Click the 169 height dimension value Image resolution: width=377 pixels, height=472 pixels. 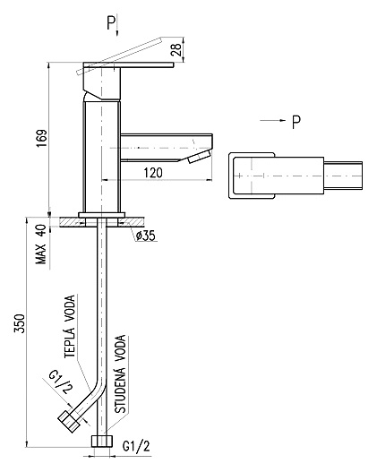(42, 139)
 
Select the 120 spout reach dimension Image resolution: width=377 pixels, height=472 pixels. (153, 173)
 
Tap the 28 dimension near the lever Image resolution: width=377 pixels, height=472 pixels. (176, 49)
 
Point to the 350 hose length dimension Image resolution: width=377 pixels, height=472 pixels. (20, 323)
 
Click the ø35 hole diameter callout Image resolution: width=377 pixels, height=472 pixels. (146, 236)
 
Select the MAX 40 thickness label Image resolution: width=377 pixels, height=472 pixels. (41, 245)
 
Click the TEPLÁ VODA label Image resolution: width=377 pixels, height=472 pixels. (70, 326)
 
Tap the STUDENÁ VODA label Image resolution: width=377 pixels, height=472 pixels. (121, 374)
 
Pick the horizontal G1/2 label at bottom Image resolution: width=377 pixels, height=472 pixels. (136, 446)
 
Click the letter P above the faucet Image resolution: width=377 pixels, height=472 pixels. (111, 23)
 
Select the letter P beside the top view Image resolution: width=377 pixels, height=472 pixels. (296, 122)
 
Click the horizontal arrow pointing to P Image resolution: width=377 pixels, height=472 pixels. (272, 120)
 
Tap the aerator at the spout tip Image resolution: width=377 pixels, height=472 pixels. (199, 157)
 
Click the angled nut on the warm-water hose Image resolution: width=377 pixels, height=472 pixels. (69, 421)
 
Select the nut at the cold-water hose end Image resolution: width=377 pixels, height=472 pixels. (102, 441)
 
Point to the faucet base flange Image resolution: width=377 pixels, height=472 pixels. (102, 215)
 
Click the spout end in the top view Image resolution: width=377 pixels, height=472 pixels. (343, 176)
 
